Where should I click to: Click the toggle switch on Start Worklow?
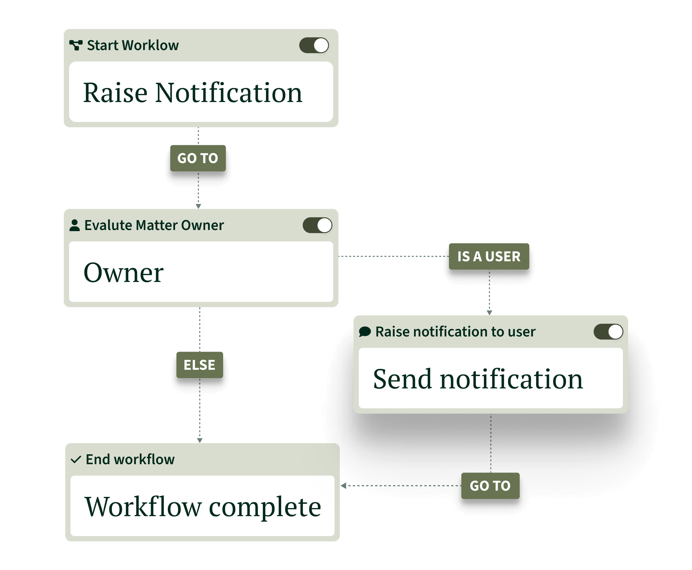pos(314,45)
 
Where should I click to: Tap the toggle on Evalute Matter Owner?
pos(317,225)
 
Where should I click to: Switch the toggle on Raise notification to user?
pos(608,332)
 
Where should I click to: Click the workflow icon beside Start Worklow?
pos(76,45)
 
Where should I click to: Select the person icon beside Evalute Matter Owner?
pos(74,225)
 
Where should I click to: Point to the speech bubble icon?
pos(365,332)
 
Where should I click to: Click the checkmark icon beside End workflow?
pos(76,459)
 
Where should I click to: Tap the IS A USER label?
pos(489,256)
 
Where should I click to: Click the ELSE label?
pos(199,365)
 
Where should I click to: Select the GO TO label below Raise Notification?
pos(198,158)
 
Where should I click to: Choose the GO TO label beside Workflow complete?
pos(490,486)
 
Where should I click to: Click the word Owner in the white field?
pos(124,273)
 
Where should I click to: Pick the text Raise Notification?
pos(193,93)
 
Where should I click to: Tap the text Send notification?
pos(478,379)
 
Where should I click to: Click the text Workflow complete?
pos(203,507)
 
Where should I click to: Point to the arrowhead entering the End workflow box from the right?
pos(344,486)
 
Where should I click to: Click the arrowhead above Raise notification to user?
pos(489,312)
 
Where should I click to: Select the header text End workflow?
pos(130,459)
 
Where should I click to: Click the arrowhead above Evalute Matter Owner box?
pos(198,206)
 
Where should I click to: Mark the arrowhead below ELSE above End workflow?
pos(200,440)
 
